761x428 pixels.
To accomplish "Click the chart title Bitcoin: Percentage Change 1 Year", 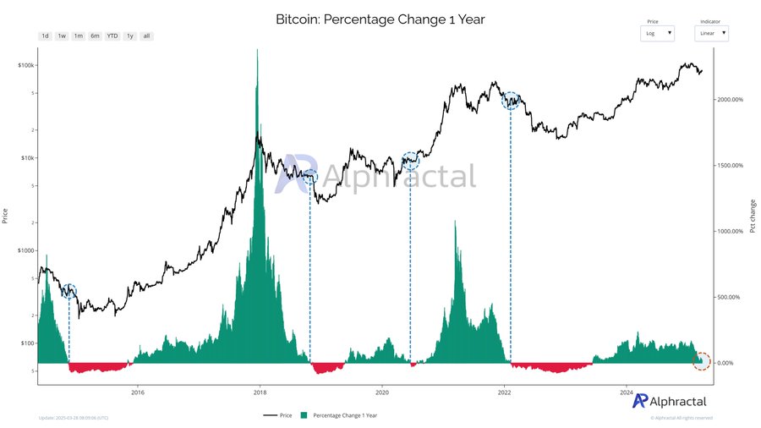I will click(380, 19).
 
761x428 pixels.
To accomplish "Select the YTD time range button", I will click(112, 36).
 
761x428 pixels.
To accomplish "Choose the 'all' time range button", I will click(146, 36).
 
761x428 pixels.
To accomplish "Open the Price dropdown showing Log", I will click(658, 33).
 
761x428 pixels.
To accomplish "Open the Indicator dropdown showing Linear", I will click(711, 33).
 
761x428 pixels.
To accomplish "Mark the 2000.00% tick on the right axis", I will click(731, 100).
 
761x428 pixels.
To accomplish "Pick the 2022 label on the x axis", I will click(505, 392).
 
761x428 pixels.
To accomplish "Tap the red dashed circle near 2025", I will click(702, 360).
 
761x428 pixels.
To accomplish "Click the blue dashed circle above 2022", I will click(511, 101).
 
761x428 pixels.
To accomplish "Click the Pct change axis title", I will click(753, 216).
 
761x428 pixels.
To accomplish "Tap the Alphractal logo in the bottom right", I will click(670, 401).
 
